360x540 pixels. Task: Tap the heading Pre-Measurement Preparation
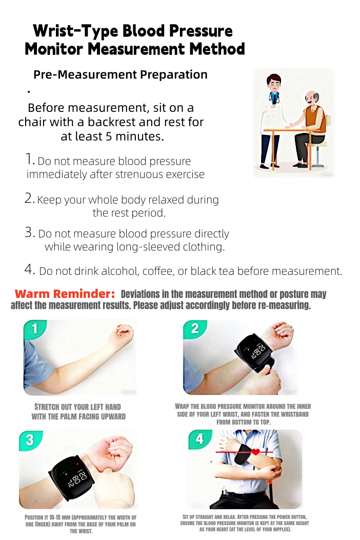(x=120, y=75)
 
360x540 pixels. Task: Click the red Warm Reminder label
(x=65, y=294)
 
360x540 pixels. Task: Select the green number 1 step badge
(x=35, y=329)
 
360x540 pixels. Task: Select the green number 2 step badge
(x=195, y=329)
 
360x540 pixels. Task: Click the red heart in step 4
(x=255, y=452)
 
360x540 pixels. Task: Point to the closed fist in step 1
(x=123, y=336)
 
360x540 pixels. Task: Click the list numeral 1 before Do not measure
(x=30, y=159)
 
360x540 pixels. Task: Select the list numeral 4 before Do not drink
(x=29, y=269)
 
